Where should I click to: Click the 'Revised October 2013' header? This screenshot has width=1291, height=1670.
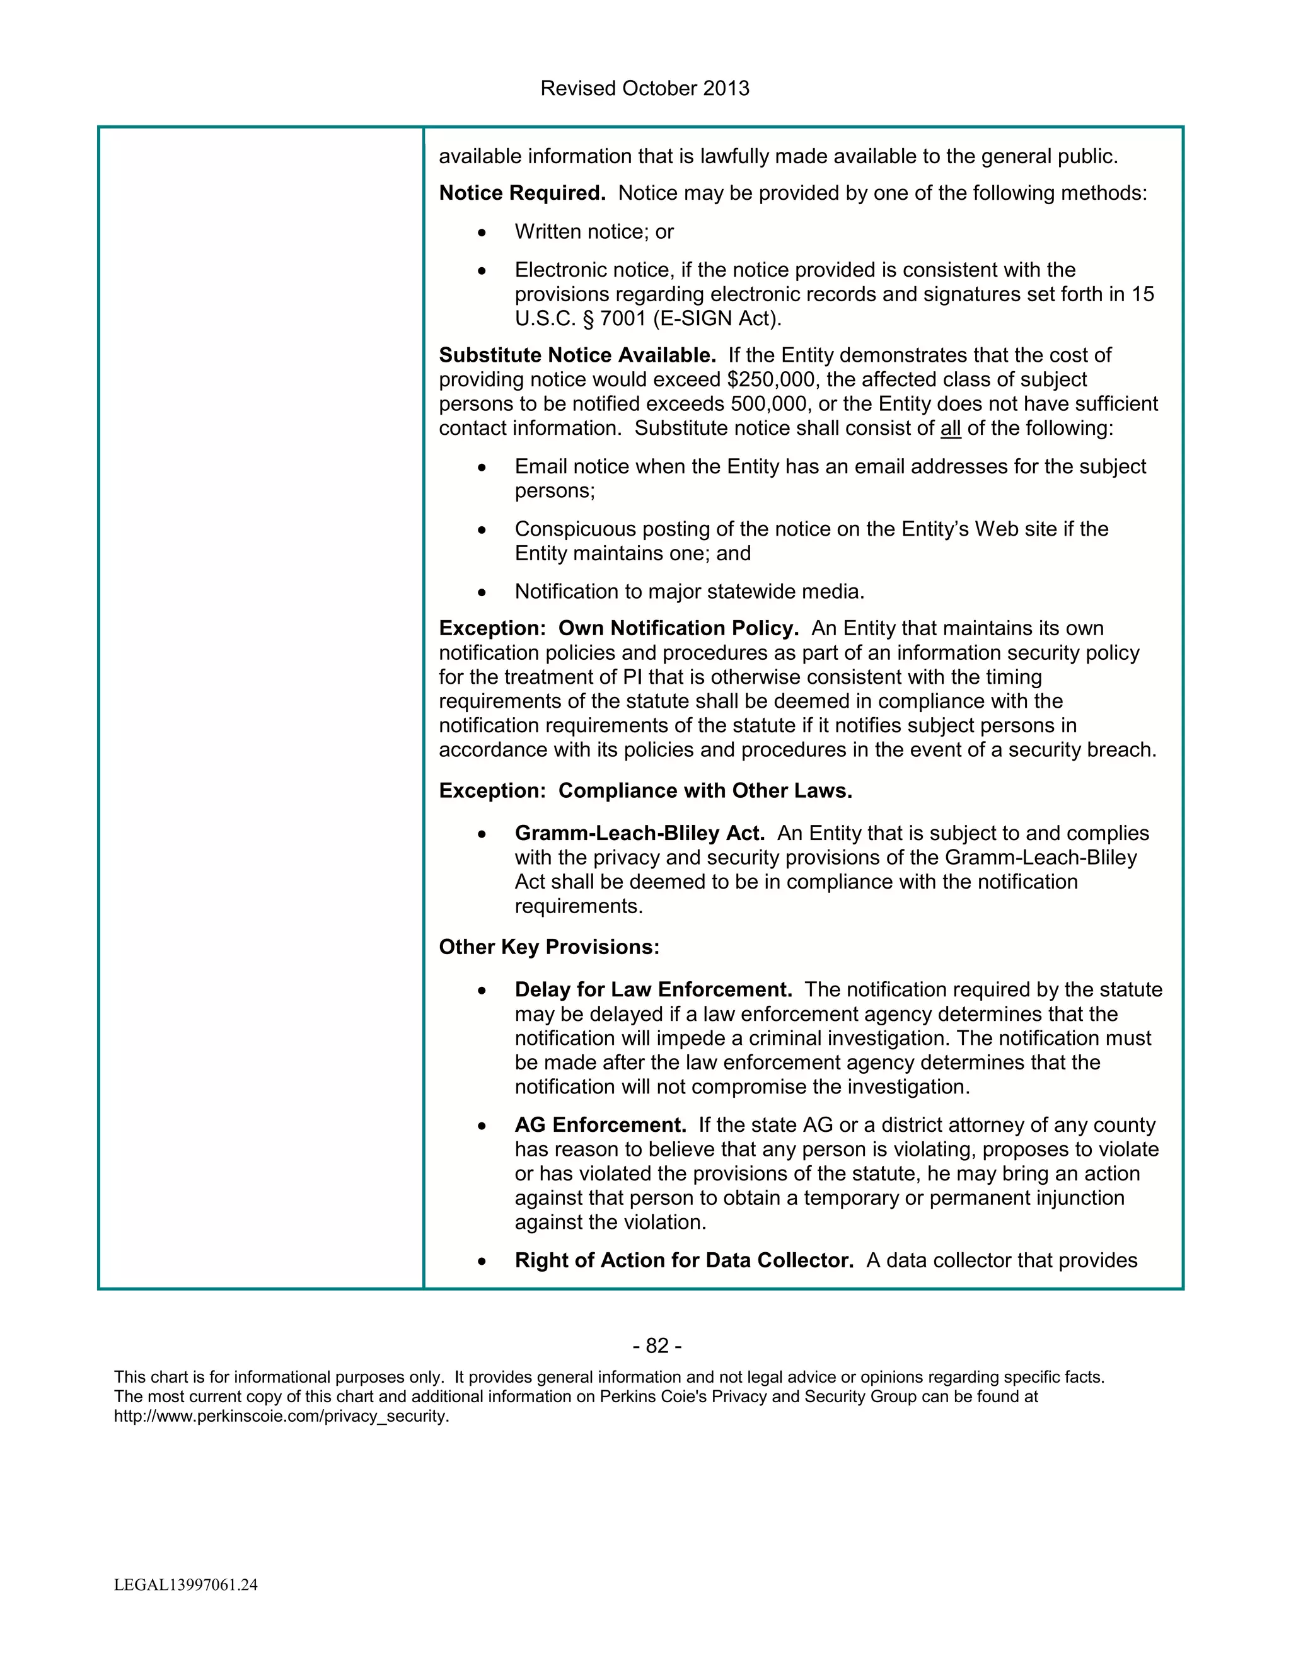tap(644, 89)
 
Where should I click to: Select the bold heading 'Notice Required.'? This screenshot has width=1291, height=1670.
tap(521, 193)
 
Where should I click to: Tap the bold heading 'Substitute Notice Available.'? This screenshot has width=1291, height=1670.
tap(577, 355)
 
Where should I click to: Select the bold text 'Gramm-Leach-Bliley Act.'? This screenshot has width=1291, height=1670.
tap(639, 834)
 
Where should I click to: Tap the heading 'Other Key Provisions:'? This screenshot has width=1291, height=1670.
tap(548, 947)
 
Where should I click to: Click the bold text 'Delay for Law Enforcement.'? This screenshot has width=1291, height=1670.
tap(653, 990)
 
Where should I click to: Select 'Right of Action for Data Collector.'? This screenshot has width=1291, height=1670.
tap(684, 1261)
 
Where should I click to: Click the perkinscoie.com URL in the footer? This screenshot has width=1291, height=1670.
tap(281, 1416)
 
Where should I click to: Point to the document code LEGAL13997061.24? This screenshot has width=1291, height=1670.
tap(186, 1585)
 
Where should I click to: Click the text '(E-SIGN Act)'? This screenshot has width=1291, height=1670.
tap(717, 319)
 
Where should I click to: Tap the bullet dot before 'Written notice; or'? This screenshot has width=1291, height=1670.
tap(481, 233)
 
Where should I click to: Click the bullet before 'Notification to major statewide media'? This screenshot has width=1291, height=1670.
tap(481, 592)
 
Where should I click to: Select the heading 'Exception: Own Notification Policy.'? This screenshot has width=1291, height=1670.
tap(618, 628)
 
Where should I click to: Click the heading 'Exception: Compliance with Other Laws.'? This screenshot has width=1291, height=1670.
tap(645, 792)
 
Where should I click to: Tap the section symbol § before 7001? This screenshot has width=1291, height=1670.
tap(588, 319)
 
